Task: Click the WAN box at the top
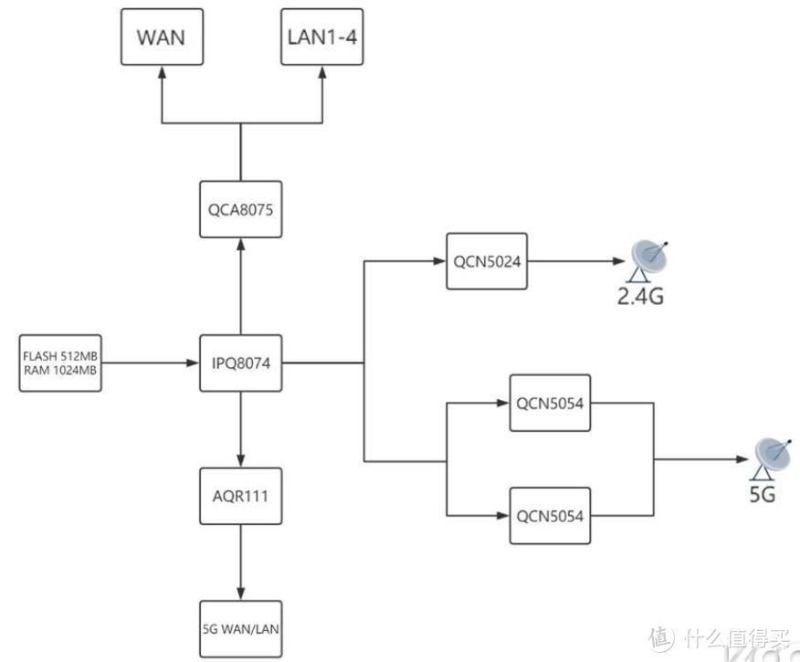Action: point(162,37)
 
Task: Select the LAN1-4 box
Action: point(321,37)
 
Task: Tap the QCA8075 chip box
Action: point(241,208)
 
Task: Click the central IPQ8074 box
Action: point(241,364)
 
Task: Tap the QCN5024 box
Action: point(486,261)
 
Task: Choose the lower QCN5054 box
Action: point(550,515)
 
